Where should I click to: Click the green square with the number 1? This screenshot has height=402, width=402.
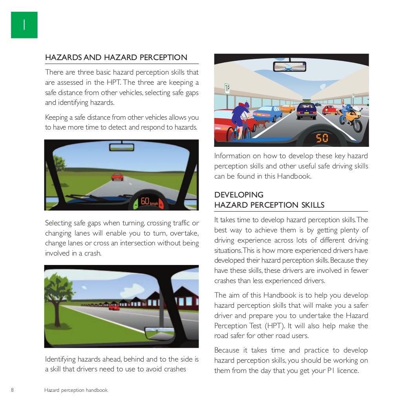point(24,25)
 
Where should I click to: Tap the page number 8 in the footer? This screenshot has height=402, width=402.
point(13,390)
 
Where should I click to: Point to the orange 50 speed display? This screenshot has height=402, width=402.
point(322,138)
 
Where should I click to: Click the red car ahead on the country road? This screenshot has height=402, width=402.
point(117,177)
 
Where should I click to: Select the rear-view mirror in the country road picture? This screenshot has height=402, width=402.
point(122,147)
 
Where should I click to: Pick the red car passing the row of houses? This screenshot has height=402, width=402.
point(114,307)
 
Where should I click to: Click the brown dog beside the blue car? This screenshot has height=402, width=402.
point(262,124)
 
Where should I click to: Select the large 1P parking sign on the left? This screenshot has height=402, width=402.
point(227,88)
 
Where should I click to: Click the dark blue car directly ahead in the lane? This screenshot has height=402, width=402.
point(307,110)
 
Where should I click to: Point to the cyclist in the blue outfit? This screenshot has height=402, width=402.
point(240,118)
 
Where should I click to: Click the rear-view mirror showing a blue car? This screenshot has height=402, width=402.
point(289,66)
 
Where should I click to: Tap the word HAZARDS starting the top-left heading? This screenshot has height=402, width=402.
point(63,57)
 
